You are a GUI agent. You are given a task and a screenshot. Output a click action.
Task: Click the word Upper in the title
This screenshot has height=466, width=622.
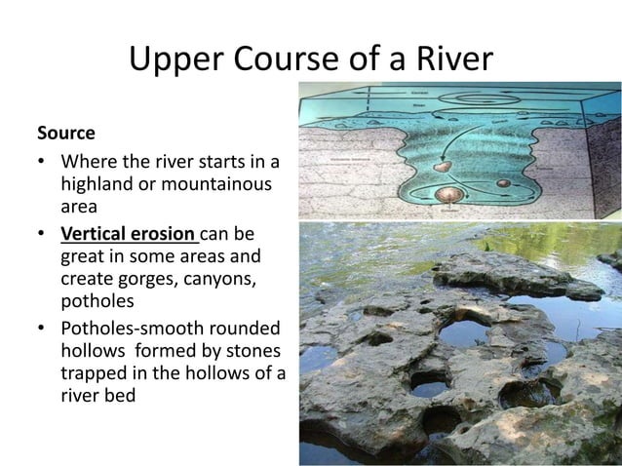[174, 60]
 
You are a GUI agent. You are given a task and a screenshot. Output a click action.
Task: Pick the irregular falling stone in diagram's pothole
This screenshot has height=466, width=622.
[443, 168]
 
